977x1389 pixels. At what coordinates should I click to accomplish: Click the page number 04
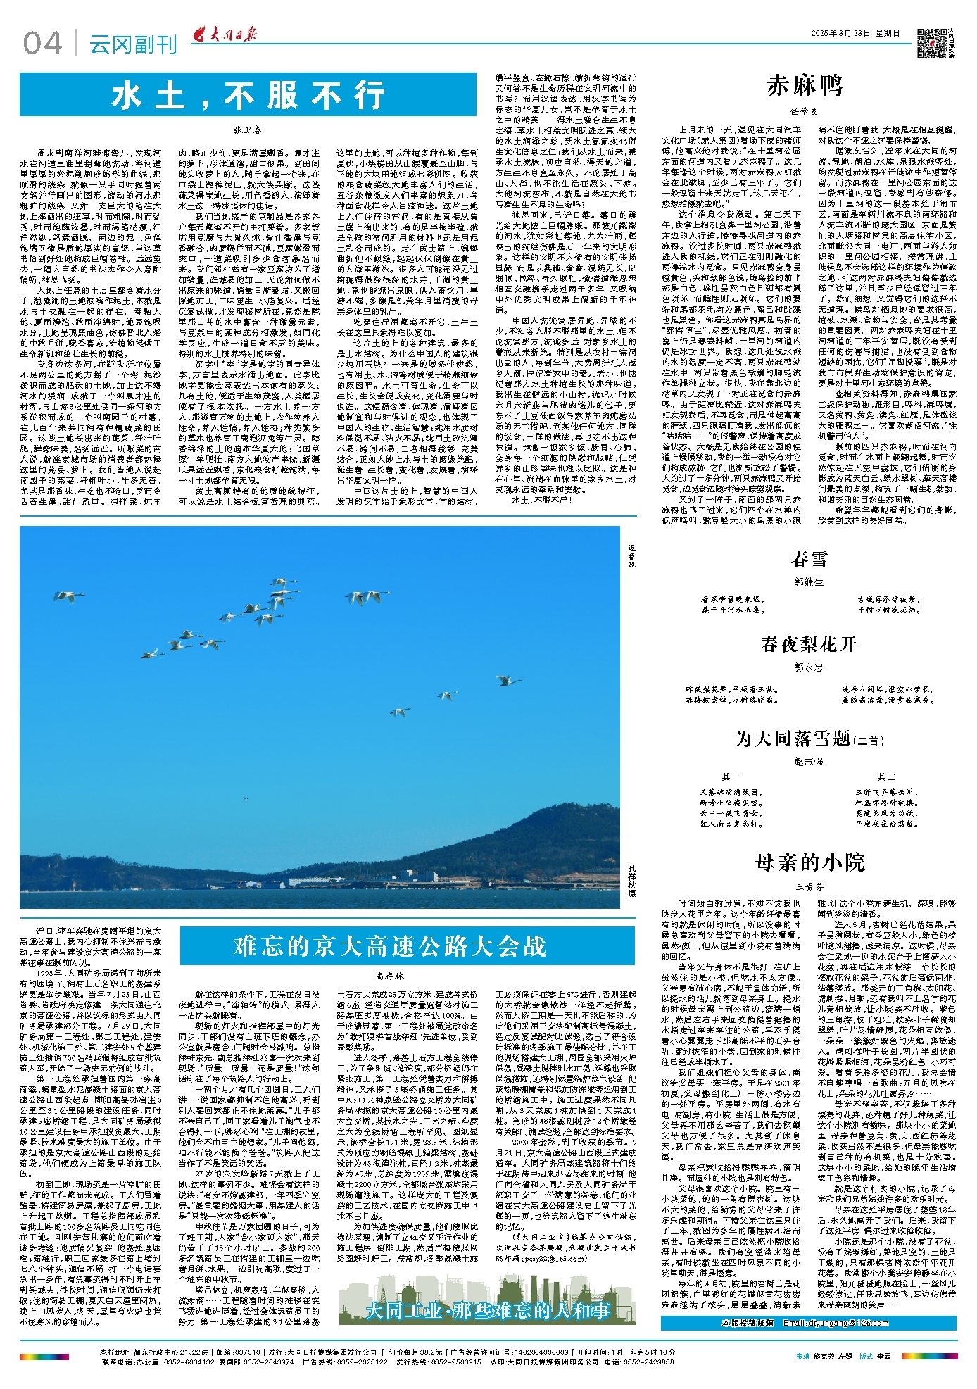(x=42, y=44)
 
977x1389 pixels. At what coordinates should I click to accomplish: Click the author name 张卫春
(x=248, y=130)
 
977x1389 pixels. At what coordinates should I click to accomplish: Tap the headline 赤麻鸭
(x=805, y=86)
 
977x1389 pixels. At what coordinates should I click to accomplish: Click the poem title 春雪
(x=808, y=559)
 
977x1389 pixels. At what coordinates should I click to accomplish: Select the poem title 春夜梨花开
(x=808, y=643)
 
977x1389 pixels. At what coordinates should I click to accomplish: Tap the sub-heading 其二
(x=886, y=777)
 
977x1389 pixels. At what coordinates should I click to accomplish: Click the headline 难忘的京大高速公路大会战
(x=390, y=945)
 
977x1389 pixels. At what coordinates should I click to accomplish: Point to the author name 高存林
(x=390, y=976)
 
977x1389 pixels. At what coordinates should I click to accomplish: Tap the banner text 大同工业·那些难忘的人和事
(x=487, y=1310)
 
